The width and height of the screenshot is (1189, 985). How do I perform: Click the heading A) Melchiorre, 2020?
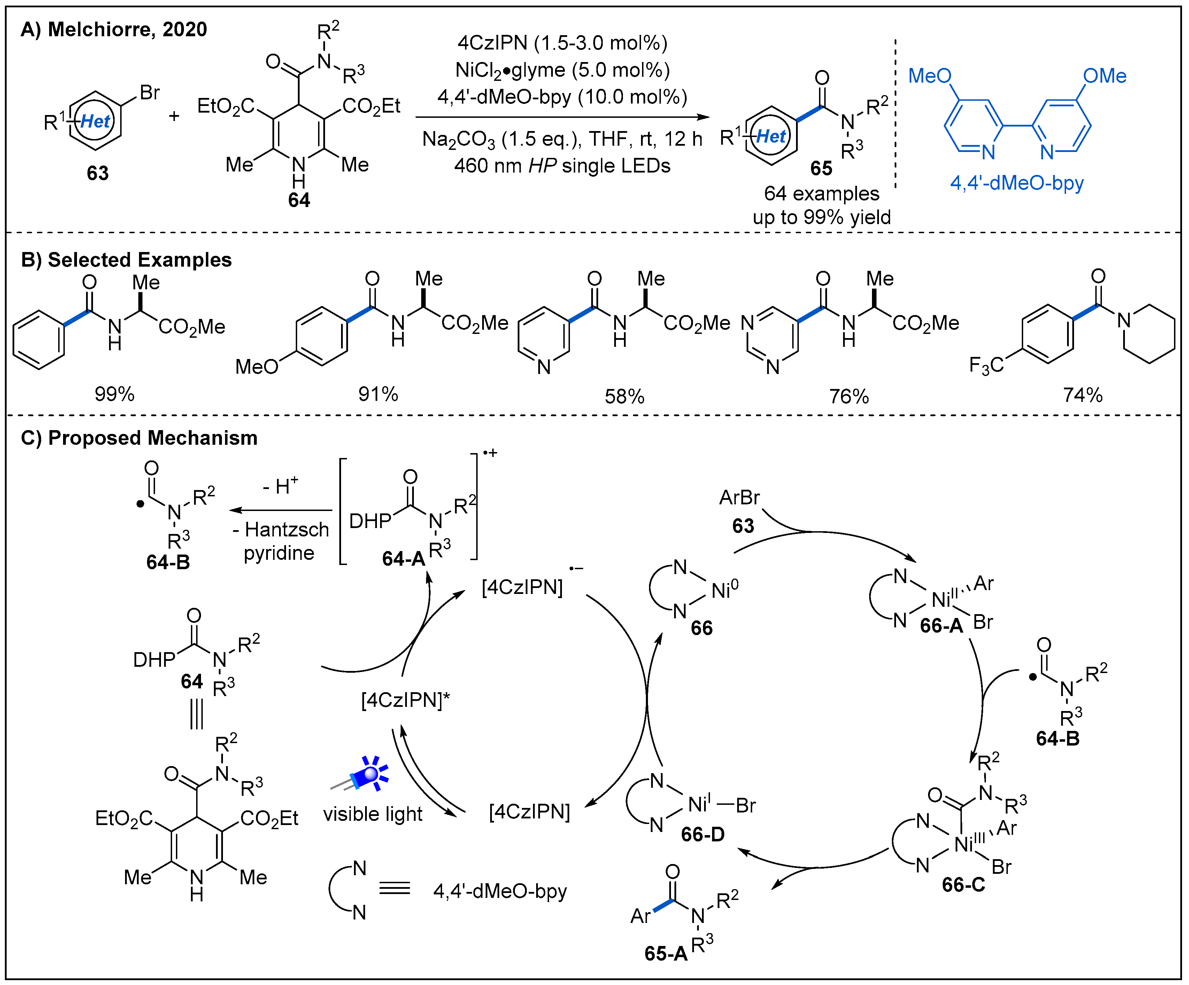click(x=113, y=30)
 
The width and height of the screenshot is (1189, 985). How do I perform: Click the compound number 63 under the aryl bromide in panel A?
click(x=98, y=173)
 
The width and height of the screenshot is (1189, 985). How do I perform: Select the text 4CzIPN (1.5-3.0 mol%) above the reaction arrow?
click(x=562, y=43)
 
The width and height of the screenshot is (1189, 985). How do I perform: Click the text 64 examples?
click(x=821, y=194)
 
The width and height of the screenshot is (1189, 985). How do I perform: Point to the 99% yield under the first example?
click(x=114, y=394)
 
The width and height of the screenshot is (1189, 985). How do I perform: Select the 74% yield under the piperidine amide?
click(x=1082, y=395)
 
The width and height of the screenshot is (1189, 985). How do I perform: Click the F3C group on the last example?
click(x=986, y=365)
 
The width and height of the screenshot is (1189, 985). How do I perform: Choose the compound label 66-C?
click(x=963, y=885)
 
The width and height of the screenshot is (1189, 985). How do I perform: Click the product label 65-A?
click(x=665, y=953)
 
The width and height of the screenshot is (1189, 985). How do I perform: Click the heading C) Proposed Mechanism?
click(x=139, y=438)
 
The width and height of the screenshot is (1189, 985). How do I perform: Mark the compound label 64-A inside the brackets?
click(x=403, y=559)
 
